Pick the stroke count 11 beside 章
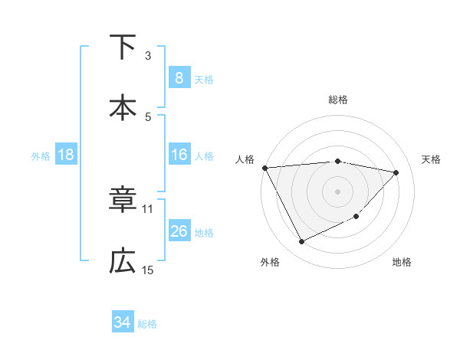pyautogui.click(x=148, y=208)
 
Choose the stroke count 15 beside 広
pyautogui.click(x=148, y=270)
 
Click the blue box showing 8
pyautogui.click(x=179, y=78)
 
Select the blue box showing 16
pyautogui.click(x=179, y=155)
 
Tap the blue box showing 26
pyautogui.click(x=179, y=231)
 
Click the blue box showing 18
pyautogui.click(x=66, y=155)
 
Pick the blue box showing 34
pyautogui.click(x=122, y=322)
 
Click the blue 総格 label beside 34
pyautogui.click(x=147, y=324)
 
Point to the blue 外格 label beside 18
pyautogui.click(x=41, y=156)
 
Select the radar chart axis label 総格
pyautogui.click(x=338, y=100)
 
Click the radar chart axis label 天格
pyautogui.click(x=432, y=159)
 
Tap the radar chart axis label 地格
pyautogui.click(x=402, y=262)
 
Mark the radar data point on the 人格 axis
pyautogui.click(x=264, y=168)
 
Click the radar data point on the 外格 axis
pyautogui.click(x=301, y=242)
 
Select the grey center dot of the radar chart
pyautogui.click(x=337, y=191)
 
